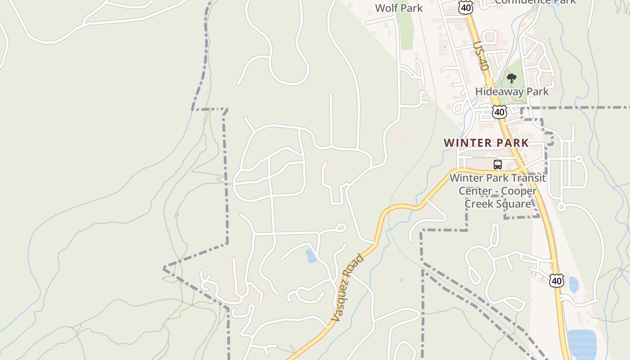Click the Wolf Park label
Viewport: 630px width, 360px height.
(399, 8)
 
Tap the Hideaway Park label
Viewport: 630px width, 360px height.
(512, 91)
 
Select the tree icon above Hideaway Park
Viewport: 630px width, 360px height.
(511, 79)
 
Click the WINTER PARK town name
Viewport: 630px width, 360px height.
(486, 143)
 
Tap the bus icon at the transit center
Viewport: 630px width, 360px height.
(497, 165)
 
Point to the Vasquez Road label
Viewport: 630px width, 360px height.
(347, 288)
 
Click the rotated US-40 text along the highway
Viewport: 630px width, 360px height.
(481, 56)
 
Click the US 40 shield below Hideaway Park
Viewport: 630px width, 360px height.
(499, 111)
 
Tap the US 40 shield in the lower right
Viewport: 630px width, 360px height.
(557, 281)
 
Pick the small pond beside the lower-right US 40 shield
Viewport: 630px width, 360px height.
(574, 285)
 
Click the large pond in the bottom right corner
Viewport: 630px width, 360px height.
(582, 344)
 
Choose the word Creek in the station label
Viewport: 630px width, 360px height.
(479, 204)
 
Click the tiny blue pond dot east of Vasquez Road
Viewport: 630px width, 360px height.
(401, 280)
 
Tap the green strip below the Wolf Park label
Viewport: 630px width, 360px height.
(406, 31)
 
